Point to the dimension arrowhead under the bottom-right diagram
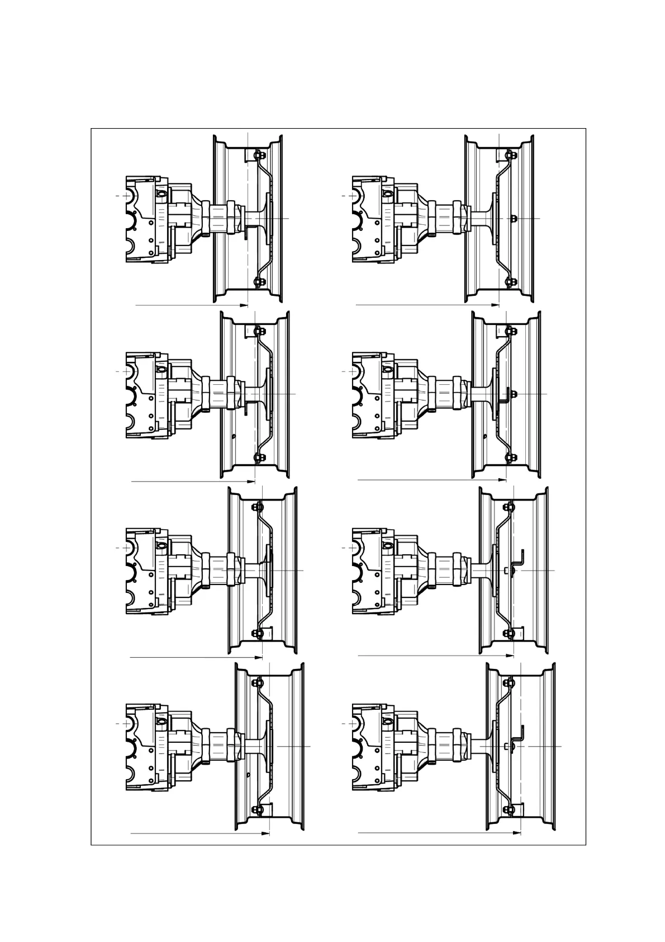pos(517,833)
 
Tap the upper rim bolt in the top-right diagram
pos(507,154)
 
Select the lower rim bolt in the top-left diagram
pos(257,281)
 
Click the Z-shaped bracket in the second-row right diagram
pos(505,395)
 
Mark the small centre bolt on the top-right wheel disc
pos(514,217)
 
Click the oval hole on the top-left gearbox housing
pos(161,194)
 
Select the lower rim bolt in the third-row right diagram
pos(509,634)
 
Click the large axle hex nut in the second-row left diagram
pos(231,394)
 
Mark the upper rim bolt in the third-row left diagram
pos(257,507)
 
